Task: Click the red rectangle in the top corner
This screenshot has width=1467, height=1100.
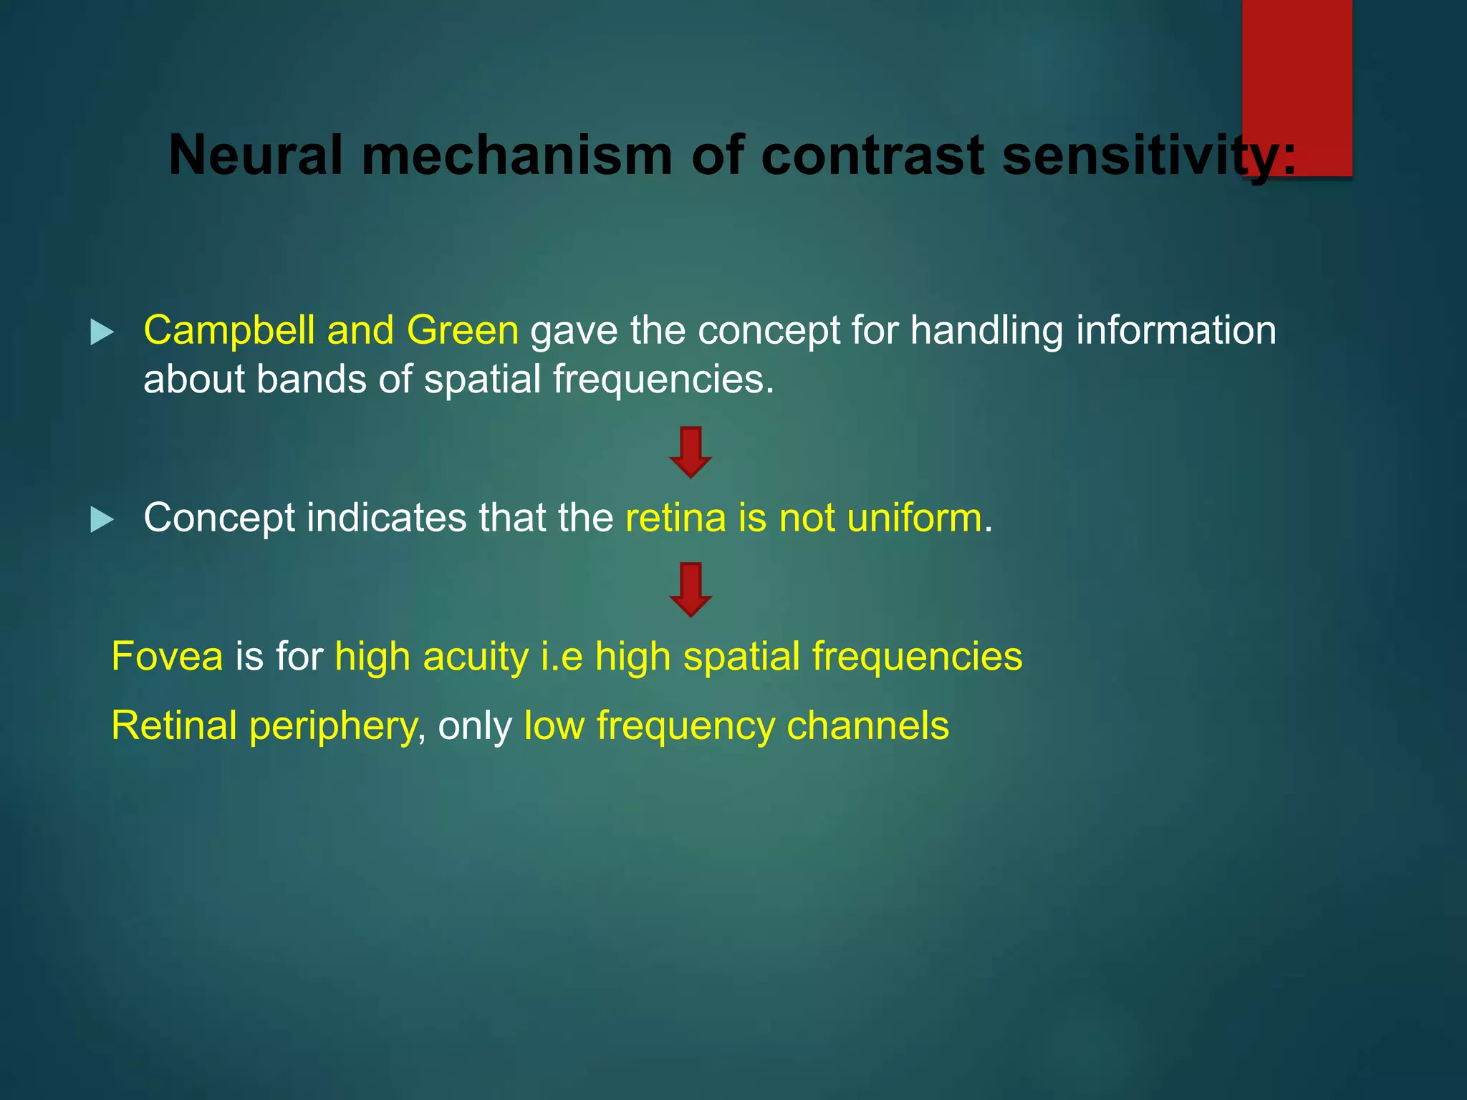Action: pyautogui.click(x=1297, y=86)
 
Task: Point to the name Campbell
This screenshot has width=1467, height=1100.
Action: pyautogui.click(x=231, y=331)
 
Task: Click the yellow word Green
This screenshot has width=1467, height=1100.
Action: pyautogui.click(x=462, y=331)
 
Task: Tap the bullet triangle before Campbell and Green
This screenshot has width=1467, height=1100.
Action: pyautogui.click(x=102, y=332)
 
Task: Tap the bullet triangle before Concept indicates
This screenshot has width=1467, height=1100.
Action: pyautogui.click(x=102, y=520)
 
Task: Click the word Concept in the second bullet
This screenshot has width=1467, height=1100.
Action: pyautogui.click(x=218, y=518)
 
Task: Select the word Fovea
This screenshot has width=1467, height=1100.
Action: pyautogui.click(x=167, y=657)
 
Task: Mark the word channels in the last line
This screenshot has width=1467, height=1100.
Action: pyautogui.click(x=867, y=725)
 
